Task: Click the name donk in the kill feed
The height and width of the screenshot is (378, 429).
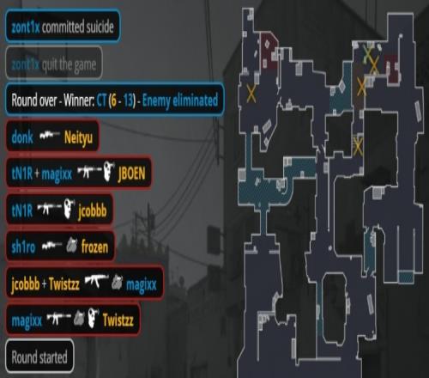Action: coord(22,137)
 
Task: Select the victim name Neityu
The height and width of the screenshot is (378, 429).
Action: coord(78,138)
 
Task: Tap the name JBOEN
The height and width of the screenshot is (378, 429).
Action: coord(131,174)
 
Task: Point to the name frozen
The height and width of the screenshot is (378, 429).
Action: coord(94,247)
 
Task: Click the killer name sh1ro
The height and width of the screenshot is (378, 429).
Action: coord(23,247)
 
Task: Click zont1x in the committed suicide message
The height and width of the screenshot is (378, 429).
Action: coord(25,27)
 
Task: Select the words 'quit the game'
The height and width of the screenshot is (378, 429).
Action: coord(69,64)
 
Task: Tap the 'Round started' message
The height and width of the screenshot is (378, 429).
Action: coord(39,357)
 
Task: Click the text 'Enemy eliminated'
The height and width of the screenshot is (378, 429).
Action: coord(180,101)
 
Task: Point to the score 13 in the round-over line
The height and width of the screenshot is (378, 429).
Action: coord(129,101)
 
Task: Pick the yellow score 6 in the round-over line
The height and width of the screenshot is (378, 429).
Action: coord(113,101)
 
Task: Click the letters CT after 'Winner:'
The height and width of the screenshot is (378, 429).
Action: coord(101,101)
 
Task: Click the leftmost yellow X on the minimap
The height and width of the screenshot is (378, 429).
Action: coord(251,94)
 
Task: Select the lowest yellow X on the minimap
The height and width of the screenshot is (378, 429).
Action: coord(358,146)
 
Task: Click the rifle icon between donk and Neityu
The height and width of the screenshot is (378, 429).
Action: coord(50,135)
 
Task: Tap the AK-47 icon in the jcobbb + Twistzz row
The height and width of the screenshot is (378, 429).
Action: coord(96,281)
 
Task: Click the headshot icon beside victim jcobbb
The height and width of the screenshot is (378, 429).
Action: coord(69,209)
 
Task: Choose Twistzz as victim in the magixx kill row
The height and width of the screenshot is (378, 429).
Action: coord(118,320)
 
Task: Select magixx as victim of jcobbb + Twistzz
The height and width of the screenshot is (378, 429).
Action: coord(142,285)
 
